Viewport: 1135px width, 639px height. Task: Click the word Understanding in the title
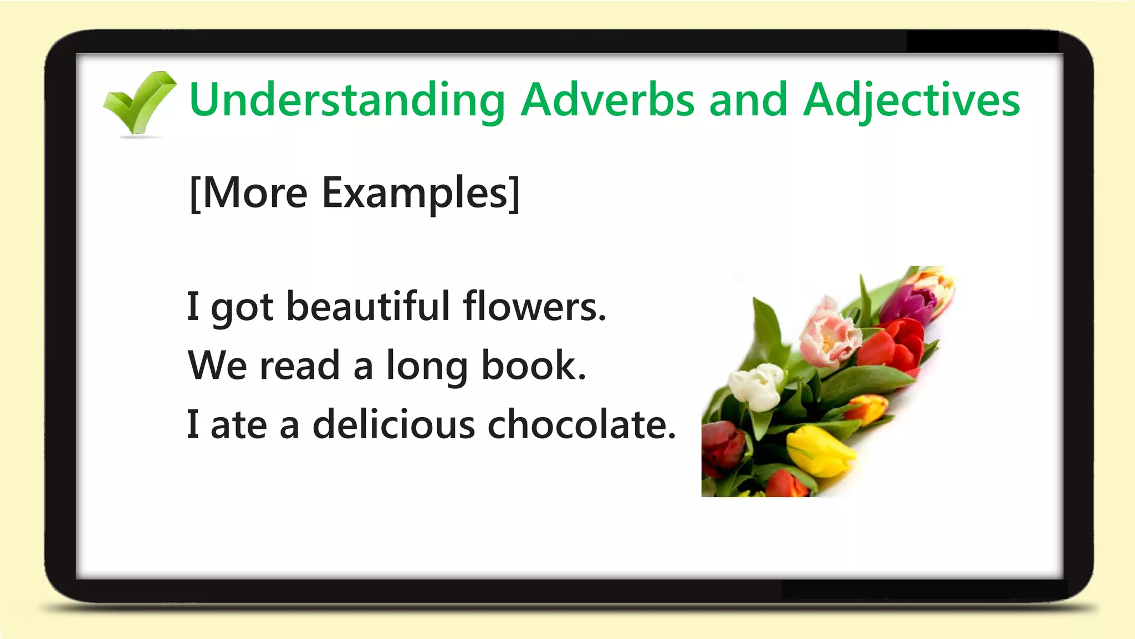point(347,100)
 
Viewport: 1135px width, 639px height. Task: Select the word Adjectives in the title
point(912,100)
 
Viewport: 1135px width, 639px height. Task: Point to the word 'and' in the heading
point(748,100)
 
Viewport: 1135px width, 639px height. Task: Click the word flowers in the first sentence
point(534,306)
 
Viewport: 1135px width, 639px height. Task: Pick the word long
point(427,366)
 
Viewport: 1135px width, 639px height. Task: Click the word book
point(533,366)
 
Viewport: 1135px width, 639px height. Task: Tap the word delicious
point(394,425)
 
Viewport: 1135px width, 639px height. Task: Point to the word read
point(300,366)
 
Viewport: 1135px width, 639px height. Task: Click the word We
point(217,366)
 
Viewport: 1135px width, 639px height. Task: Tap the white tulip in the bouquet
point(756,386)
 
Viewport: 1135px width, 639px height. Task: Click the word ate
point(239,425)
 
